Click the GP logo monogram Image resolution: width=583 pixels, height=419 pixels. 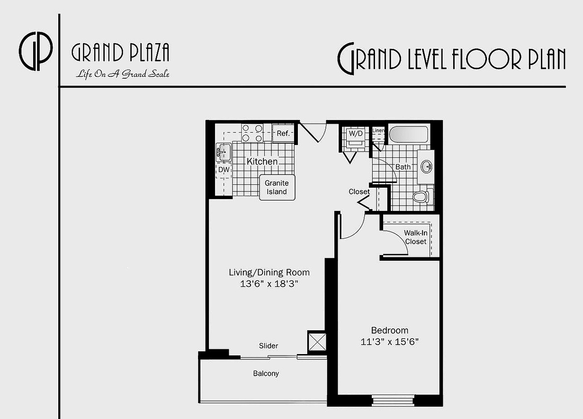[x=36, y=52]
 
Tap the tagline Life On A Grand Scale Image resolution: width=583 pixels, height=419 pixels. [x=123, y=74]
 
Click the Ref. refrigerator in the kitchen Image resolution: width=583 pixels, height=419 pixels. [x=283, y=133]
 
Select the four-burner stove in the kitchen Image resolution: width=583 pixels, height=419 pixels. [x=252, y=133]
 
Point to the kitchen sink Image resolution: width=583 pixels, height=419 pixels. [x=224, y=153]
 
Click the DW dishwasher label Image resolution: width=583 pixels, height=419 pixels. [x=224, y=169]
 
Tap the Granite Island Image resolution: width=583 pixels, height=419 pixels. [x=276, y=187]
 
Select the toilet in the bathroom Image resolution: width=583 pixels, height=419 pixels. [x=422, y=196]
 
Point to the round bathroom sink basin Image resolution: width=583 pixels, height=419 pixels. [x=427, y=166]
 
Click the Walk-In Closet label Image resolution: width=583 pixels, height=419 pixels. [x=415, y=237]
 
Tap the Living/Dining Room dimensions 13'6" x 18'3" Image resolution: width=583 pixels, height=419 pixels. [x=269, y=284]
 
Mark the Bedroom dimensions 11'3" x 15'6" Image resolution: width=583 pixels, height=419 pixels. [x=389, y=341]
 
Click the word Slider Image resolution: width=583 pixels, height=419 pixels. [x=269, y=346]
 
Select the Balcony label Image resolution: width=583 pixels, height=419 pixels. [x=266, y=373]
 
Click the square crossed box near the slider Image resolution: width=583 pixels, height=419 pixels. [x=316, y=342]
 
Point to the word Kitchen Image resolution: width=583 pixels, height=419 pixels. [x=262, y=162]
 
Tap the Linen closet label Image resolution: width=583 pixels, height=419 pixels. [x=378, y=130]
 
